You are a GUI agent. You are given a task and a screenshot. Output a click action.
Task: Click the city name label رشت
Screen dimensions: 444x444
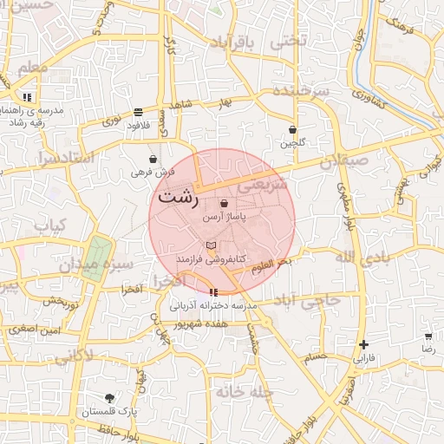[x=178, y=196]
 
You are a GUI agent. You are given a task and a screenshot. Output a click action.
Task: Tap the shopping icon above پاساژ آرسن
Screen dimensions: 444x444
[x=225, y=203]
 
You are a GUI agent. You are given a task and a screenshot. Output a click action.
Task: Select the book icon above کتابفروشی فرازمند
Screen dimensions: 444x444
[x=212, y=247]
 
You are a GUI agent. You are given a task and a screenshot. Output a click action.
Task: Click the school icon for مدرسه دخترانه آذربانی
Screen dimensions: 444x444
[x=214, y=292]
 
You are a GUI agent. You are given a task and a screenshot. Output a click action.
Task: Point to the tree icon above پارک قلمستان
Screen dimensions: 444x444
[x=108, y=398]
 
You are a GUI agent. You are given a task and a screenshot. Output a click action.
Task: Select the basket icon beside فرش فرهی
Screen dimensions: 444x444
[x=153, y=160]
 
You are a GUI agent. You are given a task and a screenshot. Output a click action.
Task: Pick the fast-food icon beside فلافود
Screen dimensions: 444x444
[x=138, y=112]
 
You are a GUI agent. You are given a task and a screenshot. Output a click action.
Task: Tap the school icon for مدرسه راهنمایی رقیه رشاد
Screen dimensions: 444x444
[x=28, y=97]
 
